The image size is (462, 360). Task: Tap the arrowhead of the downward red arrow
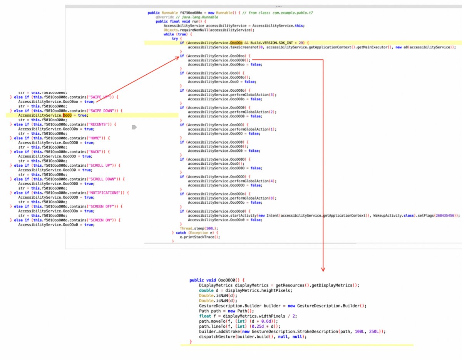(323, 269)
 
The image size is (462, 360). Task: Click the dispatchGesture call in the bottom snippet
(215, 337)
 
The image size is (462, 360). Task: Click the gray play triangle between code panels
(134, 127)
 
